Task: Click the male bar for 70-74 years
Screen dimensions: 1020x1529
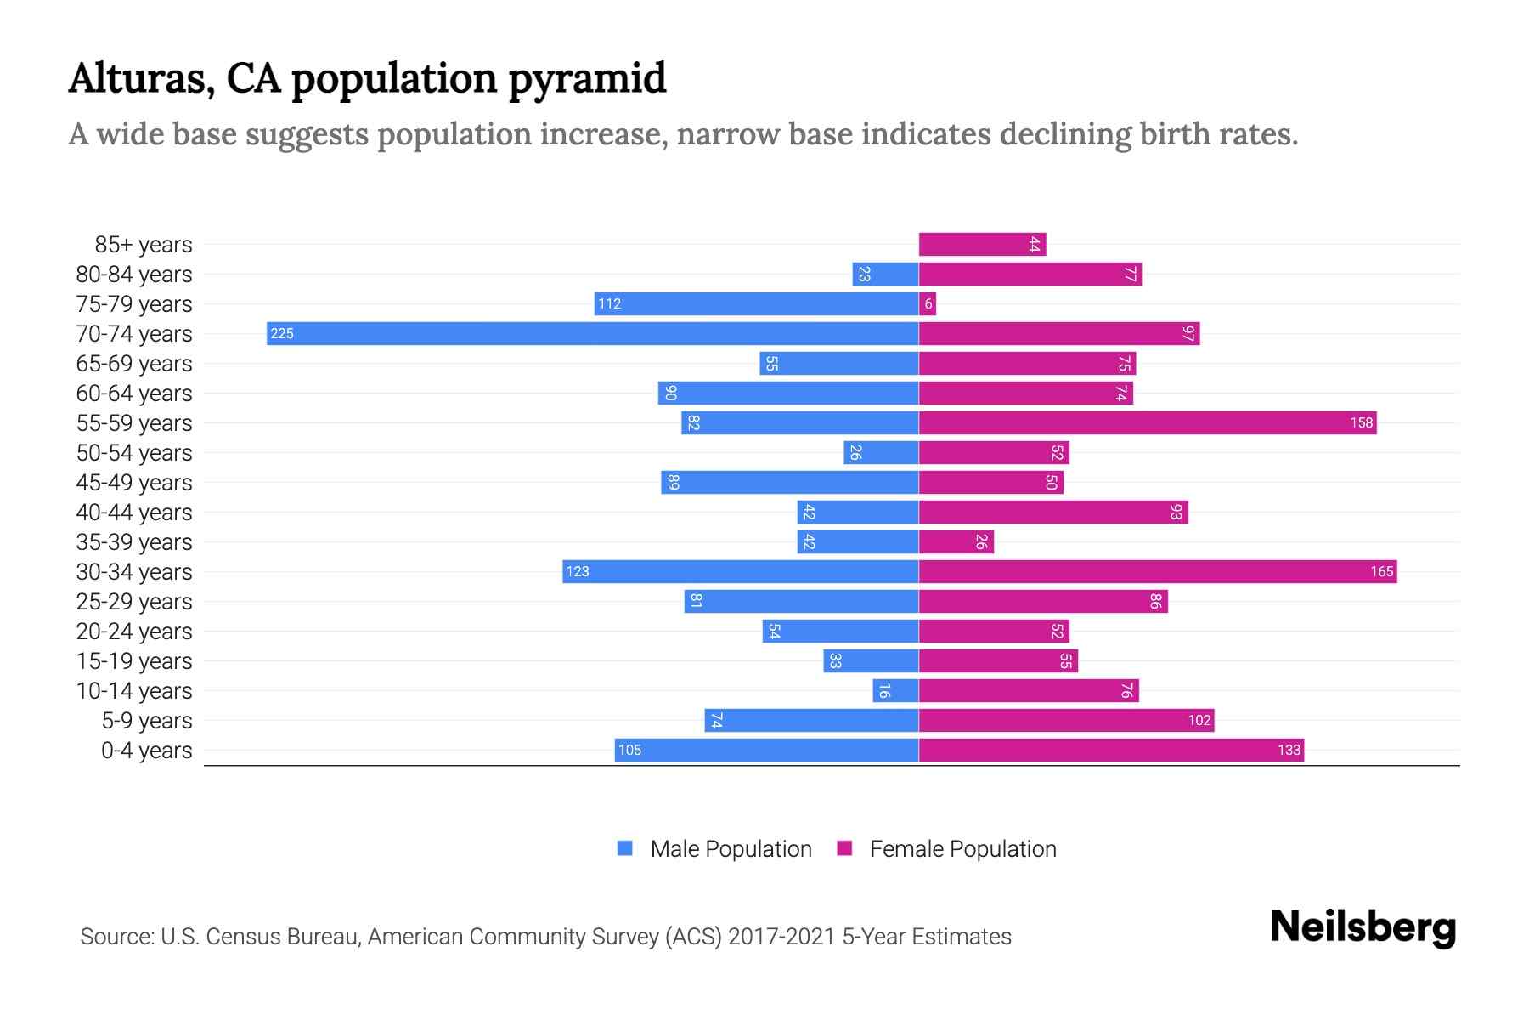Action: [592, 333]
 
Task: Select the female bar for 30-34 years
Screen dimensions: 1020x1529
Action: [1157, 571]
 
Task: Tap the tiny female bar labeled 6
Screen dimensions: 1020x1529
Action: [928, 303]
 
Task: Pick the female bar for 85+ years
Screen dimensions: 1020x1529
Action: [982, 244]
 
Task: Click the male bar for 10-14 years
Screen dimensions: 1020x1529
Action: [895, 690]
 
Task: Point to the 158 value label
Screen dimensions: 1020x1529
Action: [1361, 422]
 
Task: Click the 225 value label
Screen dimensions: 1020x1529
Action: [282, 333]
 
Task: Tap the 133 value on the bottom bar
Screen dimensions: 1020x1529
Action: [1288, 750]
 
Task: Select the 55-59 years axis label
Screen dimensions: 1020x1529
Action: [134, 423]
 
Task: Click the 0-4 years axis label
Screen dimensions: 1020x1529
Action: [146, 751]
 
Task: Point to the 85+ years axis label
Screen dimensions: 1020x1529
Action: [143, 245]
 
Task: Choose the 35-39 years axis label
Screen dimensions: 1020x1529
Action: [134, 542]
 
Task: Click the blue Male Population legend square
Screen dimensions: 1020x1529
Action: [625, 848]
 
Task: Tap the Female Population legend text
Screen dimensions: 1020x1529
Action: [962, 848]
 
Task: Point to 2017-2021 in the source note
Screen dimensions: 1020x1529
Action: [781, 937]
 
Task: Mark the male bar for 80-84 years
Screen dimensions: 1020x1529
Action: [885, 274]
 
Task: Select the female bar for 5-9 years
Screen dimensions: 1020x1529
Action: [1066, 720]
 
